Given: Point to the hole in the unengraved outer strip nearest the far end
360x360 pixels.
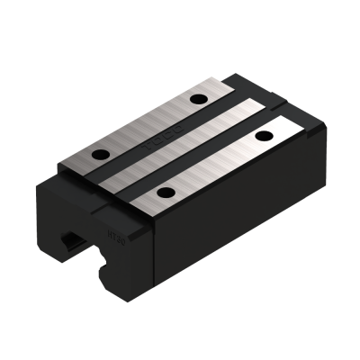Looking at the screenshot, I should (264, 135).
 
